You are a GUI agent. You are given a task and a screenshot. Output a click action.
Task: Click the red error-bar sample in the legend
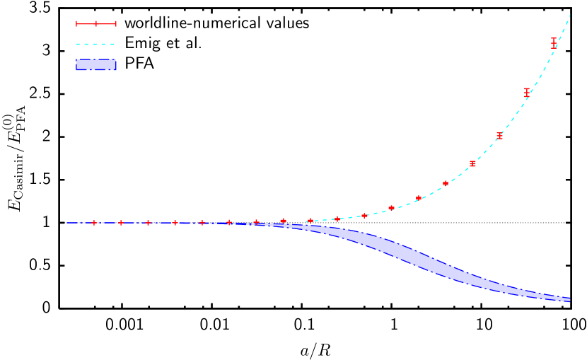click(96, 24)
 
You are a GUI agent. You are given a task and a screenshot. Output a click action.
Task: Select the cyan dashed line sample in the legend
click(95, 44)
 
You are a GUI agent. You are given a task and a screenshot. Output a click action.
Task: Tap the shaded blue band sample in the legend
click(96, 64)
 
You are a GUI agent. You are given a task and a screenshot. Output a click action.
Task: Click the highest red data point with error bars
click(554, 43)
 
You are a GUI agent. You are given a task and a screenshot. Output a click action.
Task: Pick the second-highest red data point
click(527, 93)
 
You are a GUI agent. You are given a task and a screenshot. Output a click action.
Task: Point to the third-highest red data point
click(499, 136)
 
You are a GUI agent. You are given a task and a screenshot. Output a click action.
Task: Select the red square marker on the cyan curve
click(472, 164)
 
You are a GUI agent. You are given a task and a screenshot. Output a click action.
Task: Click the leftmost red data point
click(94, 223)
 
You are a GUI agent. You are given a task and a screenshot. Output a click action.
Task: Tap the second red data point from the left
click(121, 223)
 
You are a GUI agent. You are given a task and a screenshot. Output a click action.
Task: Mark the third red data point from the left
click(148, 223)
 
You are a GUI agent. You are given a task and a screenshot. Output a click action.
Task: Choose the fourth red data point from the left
click(175, 223)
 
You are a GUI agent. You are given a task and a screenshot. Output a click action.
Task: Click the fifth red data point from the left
click(202, 223)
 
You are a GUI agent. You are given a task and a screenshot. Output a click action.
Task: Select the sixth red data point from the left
click(229, 222)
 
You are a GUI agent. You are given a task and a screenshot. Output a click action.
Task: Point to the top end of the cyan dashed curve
click(569, 16)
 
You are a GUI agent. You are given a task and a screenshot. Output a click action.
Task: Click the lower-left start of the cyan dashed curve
click(307, 221)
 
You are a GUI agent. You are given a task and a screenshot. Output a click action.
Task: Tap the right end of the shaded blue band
click(569, 300)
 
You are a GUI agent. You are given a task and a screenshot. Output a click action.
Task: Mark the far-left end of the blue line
click(68, 223)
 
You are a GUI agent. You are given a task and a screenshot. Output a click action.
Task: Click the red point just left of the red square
click(446, 183)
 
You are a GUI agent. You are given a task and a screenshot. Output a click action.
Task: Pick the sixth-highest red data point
click(419, 198)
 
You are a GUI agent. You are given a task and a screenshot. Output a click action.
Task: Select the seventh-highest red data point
click(391, 208)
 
